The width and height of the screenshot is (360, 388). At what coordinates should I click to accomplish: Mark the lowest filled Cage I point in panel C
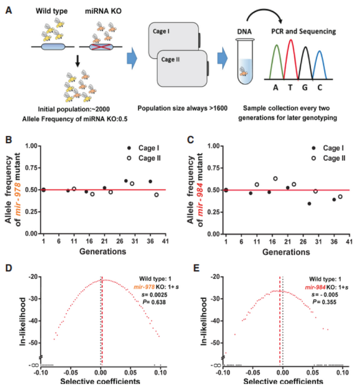pyautogui.click(x=309, y=203)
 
